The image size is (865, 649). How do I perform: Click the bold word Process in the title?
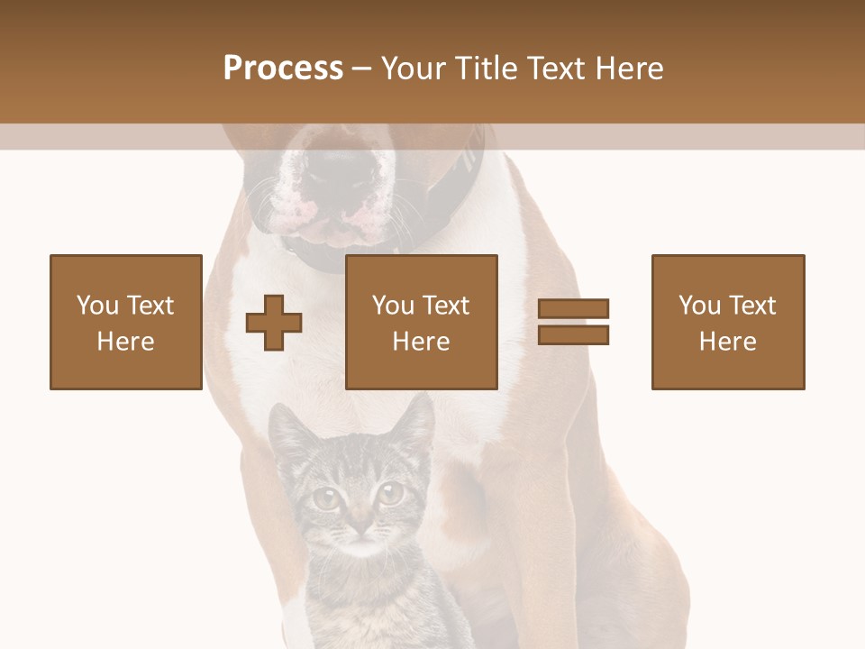[x=283, y=69]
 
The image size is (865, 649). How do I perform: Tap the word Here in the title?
[x=628, y=69]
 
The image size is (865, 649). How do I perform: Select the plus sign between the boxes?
[x=274, y=323]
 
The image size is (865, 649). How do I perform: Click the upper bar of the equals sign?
[x=573, y=309]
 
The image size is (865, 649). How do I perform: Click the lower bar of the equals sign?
[x=573, y=335]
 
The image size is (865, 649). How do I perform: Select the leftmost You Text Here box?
[x=126, y=322]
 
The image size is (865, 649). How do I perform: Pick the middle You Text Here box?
[x=422, y=322]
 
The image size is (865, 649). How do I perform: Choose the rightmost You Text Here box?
[x=728, y=322]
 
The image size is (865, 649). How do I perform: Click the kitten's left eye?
[x=325, y=498]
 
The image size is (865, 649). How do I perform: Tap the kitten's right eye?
[x=390, y=492]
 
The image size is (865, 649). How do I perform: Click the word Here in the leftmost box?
[x=126, y=342]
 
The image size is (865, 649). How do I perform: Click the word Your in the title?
[x=412, y=69]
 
